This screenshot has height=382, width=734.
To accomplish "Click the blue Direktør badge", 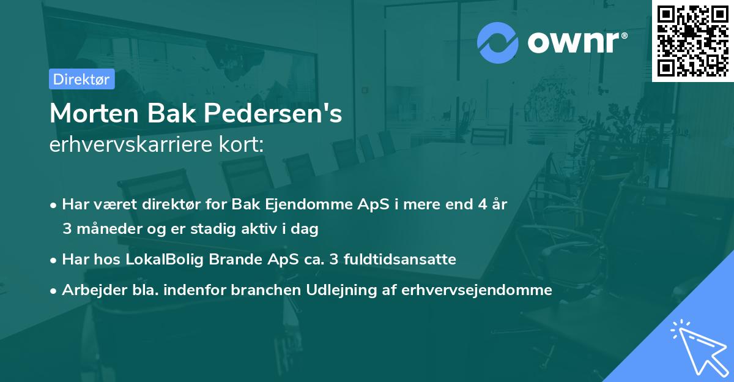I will pyautogui.click(x=81, y=79).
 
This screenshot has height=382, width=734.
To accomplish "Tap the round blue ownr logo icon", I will pyautogui.click(x=498, y=43).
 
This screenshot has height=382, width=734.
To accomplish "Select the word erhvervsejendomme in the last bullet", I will pyautogui.click(x=477, y=290).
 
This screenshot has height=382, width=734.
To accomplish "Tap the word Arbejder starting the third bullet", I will pyautogui.click(x=87, y=290).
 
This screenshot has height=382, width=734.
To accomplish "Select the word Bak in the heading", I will pyautogui.click(x=177, y=113).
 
